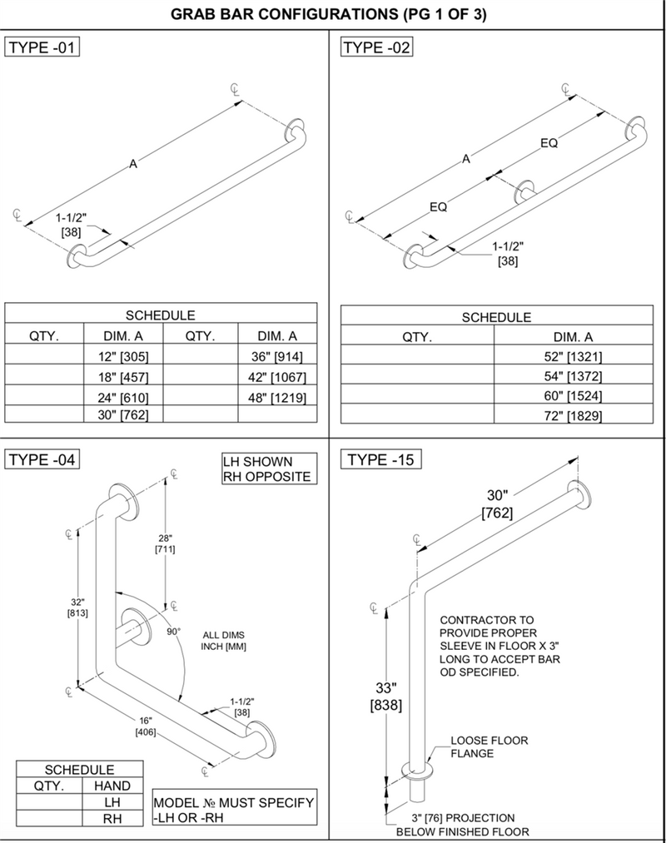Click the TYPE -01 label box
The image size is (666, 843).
pyautogui.click(x=42, y=47)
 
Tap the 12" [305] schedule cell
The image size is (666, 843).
pyautogui.click(x=122, y=356)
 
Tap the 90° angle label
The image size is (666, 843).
pyautogui.click(x=173, y=632)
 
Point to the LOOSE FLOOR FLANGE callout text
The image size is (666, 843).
pyautogui.click(x=489, y=746)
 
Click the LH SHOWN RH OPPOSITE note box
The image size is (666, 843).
pyautogui.click(x=268, y=469)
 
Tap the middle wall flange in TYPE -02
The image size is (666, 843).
pyautogui.click(x=524, y=189)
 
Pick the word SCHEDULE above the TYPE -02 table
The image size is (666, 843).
pyautogui.click(x=496, y=317)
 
